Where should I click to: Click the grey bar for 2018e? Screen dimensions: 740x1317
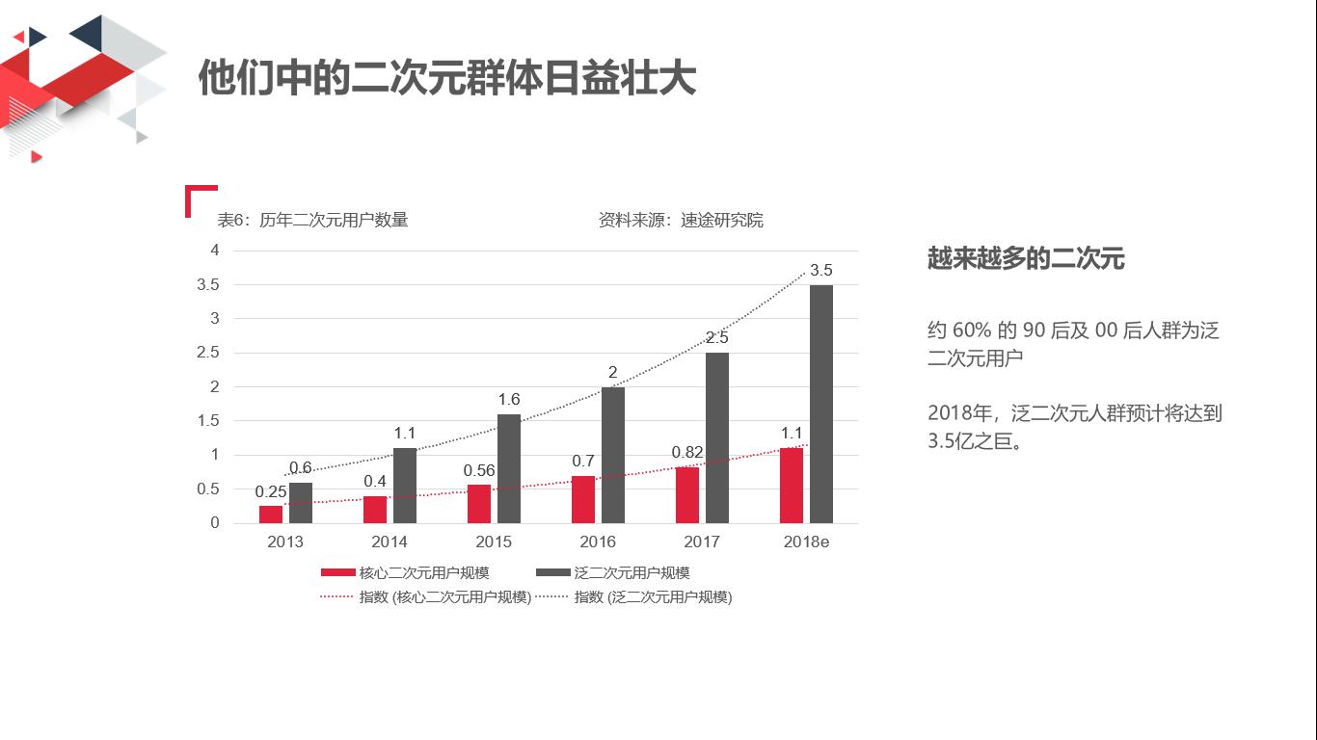(x=821, y=404)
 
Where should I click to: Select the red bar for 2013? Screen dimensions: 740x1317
(x=271, y=515)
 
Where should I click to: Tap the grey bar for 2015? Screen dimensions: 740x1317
(x=509, y=468)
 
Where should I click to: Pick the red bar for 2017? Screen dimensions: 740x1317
(x=687, y=495)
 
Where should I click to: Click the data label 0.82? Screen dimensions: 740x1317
(x=687, y=452)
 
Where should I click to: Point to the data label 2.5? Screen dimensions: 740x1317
(x=717, y=338)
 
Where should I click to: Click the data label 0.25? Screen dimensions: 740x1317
(x=271, y=491)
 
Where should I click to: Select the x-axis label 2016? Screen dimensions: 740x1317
(x=598, y=542)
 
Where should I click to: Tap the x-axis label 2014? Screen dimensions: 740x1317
(x=390, y=542)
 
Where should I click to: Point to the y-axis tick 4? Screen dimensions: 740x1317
(x=215, y=251)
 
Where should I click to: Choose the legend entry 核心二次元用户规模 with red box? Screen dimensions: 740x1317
(x=405, y=572)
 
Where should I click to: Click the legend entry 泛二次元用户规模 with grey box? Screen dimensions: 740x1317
(x=613, y=572)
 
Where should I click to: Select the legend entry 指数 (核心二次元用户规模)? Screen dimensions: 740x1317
(x=426, y=597)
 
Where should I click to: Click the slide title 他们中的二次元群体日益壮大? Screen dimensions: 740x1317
(x=446, y=77)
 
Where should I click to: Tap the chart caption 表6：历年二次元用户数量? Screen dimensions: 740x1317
(x=313, y=220)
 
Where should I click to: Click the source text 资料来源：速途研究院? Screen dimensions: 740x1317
(x=681, y=220)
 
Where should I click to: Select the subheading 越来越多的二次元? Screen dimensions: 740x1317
(x=1026, y=258)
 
